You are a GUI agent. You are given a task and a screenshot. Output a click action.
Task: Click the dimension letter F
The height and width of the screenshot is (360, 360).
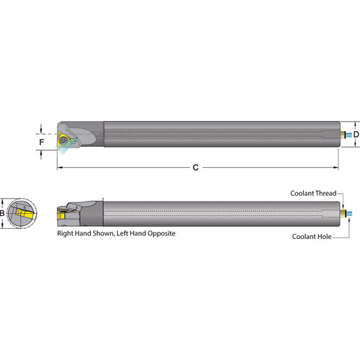click(41, 143)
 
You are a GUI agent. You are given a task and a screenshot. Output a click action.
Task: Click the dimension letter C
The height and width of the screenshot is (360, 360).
click(196, 168)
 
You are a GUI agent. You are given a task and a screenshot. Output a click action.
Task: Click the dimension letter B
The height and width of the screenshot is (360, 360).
click(2, 213)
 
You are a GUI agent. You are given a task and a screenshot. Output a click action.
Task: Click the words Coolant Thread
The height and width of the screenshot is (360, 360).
click(313, 193)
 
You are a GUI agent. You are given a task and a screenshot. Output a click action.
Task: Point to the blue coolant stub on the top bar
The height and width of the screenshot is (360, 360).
click(347, 135)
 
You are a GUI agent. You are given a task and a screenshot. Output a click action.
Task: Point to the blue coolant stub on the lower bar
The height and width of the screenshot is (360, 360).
click(347, 214)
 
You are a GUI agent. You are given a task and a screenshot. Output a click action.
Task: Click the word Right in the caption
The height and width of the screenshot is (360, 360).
click(66, 234)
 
